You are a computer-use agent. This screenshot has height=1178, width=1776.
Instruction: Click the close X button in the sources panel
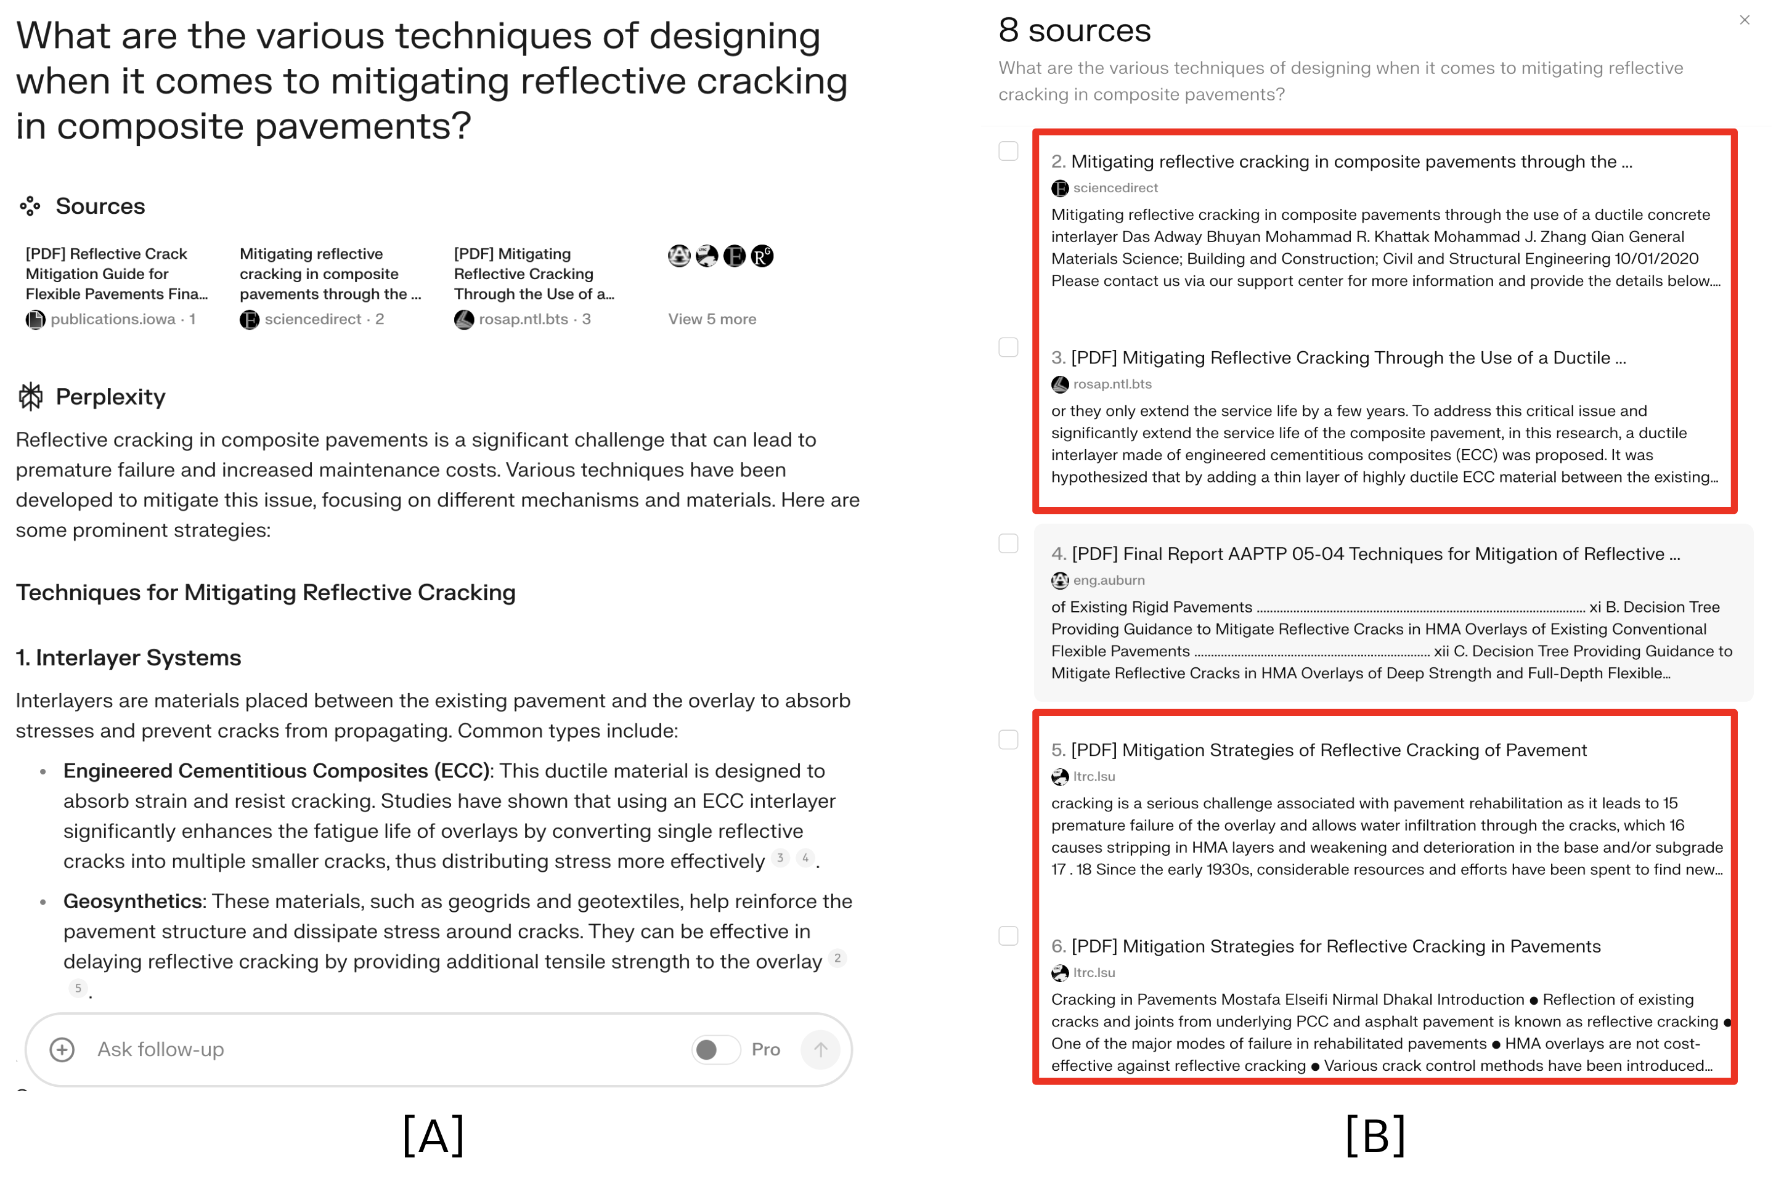[1744, 20]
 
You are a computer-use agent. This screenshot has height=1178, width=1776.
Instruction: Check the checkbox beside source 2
[1008, 151]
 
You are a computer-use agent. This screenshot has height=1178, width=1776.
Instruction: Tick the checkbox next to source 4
[1008, 543]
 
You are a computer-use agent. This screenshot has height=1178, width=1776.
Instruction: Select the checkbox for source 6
[1008, 935]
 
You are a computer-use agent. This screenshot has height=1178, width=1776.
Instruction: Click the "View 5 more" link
[712, 319]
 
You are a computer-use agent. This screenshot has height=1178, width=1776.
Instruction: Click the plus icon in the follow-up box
[62, 1049]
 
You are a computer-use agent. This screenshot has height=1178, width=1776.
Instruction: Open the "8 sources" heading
[1074, 31]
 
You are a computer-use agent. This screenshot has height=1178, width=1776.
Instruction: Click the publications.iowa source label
[112, 319]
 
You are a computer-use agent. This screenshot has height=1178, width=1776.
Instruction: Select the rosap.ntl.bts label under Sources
[523, 319]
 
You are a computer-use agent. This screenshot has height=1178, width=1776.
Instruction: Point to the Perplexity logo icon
[31, 397]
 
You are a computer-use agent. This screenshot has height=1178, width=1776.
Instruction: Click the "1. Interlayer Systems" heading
[128, 657]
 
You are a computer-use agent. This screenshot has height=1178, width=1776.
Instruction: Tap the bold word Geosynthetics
[132, 901]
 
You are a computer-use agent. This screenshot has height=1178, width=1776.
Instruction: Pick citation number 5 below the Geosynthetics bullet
[78, 988]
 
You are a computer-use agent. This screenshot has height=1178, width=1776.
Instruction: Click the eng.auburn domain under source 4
[1108, 580]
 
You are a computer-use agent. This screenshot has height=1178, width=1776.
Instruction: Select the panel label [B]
[1375, 1135]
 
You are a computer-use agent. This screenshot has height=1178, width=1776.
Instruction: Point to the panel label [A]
[433, 1135]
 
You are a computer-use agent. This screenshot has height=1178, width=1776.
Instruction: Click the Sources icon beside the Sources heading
[30, 206]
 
